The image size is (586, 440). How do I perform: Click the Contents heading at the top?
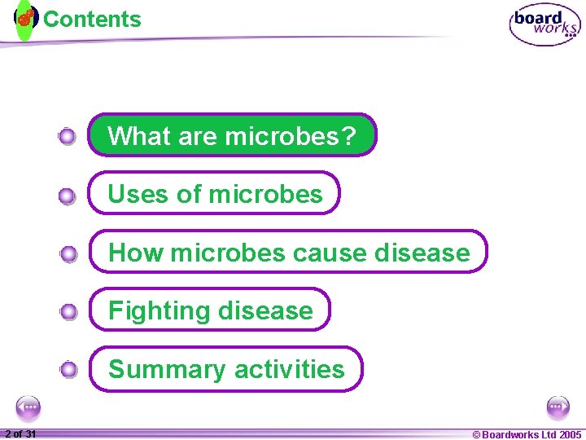coord(92,20)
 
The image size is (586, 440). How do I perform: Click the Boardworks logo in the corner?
coord(544,25)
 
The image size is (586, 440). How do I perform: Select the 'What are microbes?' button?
coord(232,135)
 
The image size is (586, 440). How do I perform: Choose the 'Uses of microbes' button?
coord(214,194)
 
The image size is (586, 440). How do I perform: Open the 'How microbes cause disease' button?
coord(288,253)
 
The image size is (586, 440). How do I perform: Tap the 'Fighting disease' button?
coord(210,310)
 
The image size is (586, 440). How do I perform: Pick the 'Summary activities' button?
coord(225,369)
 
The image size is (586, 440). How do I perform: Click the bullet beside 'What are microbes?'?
coord(68,137)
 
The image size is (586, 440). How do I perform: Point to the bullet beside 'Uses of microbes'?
coord(68,196)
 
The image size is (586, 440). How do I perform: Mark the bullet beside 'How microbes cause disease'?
coord(68,254)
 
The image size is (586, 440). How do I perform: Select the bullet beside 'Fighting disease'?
coord(68,312)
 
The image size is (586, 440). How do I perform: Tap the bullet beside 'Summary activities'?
coord(68,371)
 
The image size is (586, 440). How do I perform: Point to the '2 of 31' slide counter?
coord(20,434)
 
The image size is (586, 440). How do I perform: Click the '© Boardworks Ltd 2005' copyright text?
coord(527,434)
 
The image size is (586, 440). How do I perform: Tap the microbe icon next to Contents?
coord(26,18)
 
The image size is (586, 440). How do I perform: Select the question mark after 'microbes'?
coord(349,135)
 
